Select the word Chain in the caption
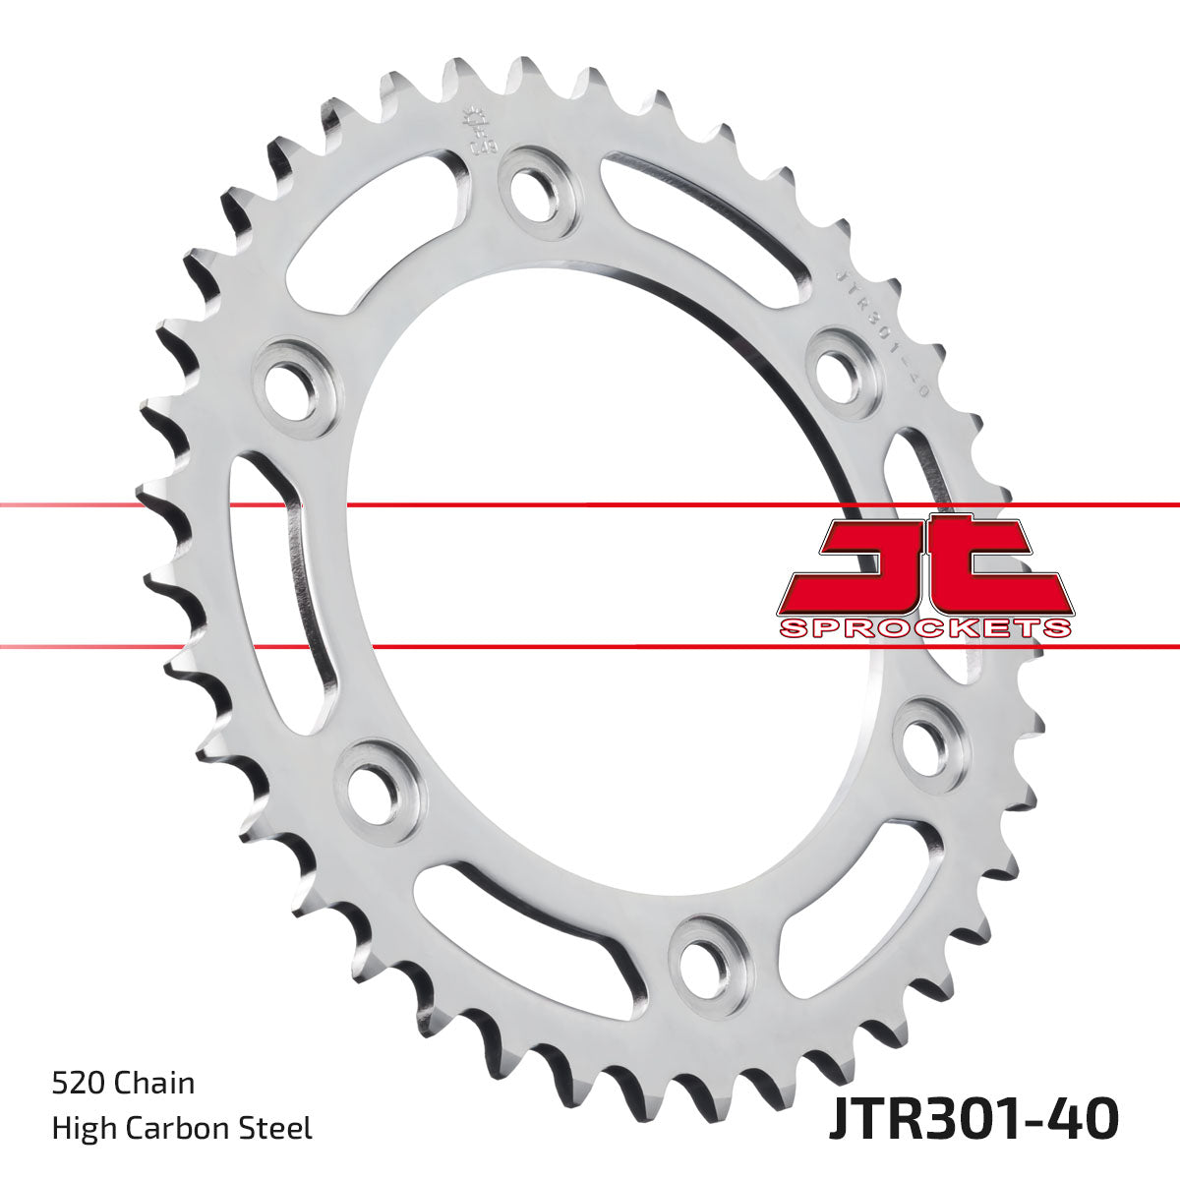(154, 1084)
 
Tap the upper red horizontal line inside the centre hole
(590, 505)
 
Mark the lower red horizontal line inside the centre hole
(590, 647)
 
